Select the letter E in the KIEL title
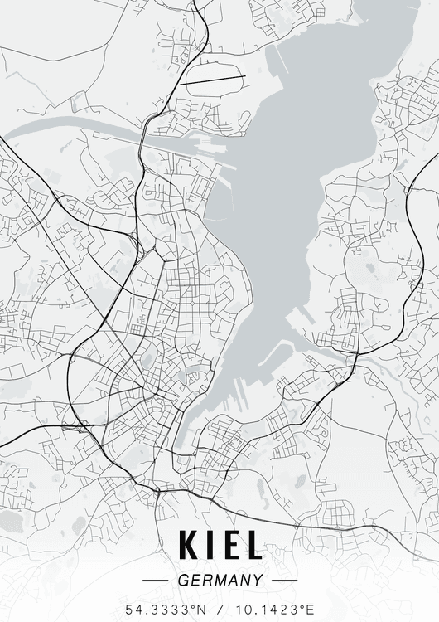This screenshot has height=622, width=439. (x=228, y=545)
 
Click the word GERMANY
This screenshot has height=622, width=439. (x=220, y=581)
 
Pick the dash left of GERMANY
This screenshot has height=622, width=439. (x=156, y=581)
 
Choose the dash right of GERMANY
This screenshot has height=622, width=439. (x=284, y=581)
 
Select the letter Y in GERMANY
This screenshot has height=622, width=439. (x=258, y=581)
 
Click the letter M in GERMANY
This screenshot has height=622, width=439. (x=219, y=581)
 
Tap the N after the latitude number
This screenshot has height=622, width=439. (x=200, y=610)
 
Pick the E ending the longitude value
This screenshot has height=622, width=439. (x=311, y=610)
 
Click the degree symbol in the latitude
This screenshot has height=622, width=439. (x=192, y=606)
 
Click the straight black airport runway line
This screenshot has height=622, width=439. (x=213, y=80)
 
